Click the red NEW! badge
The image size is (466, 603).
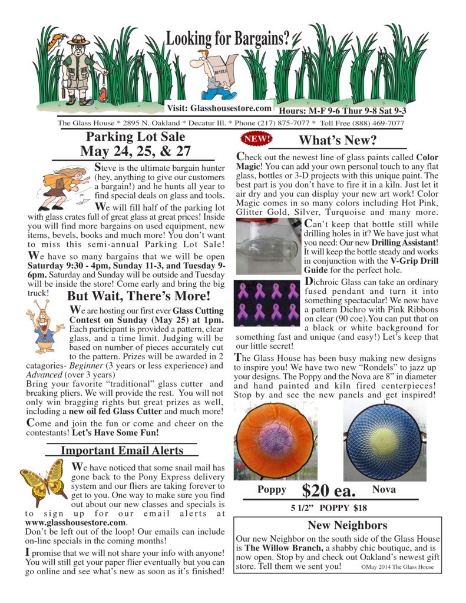pyautogui.click(x=257, y=139)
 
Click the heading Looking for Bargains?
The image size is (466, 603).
pyautogui.click(x=228, y=39)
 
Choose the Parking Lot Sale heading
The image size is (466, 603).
pyautogui.click(x=135, y=137)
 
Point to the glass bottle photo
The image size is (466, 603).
pyautogui.click(x=268, y=245)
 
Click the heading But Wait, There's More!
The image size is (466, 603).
pyautogui.click(x=138, y=296)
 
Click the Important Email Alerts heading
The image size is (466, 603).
pyautogui.click(x=122, y=450)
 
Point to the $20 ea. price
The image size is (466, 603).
pyautogui.click(x=327, y=491)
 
